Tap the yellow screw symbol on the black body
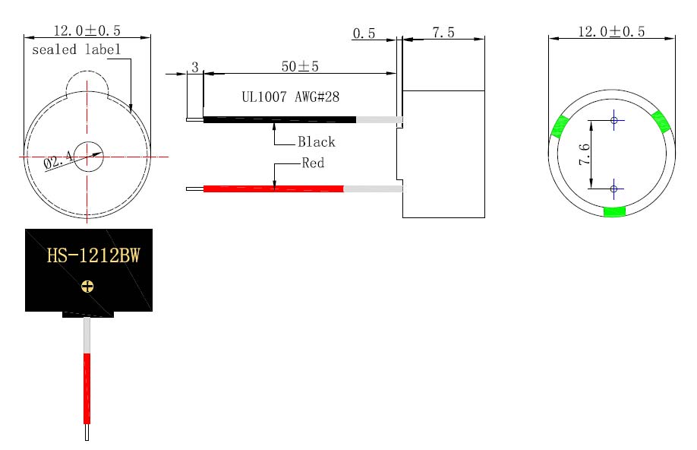pos(88,287)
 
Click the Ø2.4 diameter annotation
pos(58,160)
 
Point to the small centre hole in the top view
pos(88,156)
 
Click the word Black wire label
pos(316,142)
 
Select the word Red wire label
pos(313,163)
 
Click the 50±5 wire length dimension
pos(300,67)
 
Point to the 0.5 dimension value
pos(364,33)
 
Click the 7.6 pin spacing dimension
pos(585,154)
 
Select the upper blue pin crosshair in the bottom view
pos(613,120)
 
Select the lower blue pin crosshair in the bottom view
pos(613,188)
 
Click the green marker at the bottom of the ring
pos(614,212)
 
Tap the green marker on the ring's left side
pos(560,126)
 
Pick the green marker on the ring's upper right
pos(661,121)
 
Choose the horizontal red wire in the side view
pos(273,189)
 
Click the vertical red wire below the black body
pos(87,388)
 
